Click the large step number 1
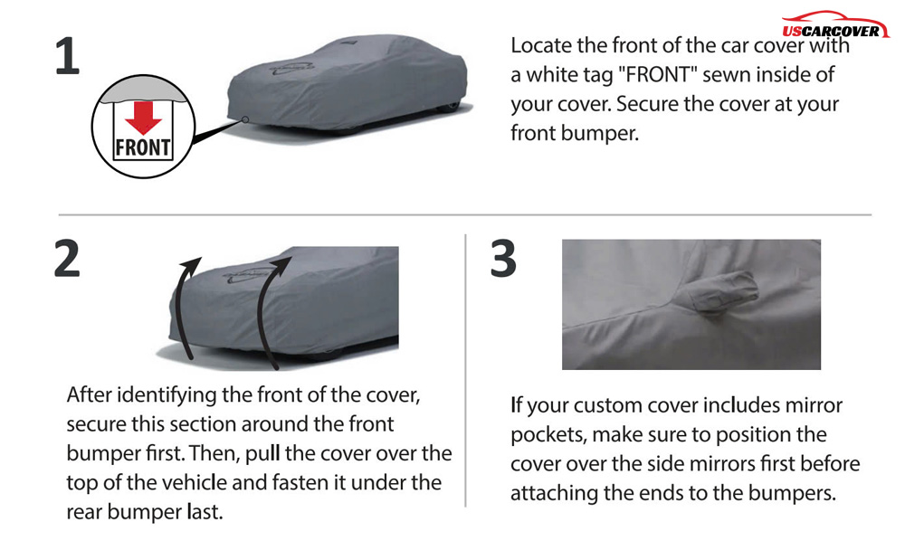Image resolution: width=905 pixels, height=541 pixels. tap(67, 55)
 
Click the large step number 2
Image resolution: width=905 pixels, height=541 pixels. tap(67, 259)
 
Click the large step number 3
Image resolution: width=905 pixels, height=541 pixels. tap(503, 259)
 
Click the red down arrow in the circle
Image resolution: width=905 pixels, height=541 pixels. tap(143, 118)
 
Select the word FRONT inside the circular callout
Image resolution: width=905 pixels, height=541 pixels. tap(143, 147)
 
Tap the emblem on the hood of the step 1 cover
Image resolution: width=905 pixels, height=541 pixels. tap(291, 68)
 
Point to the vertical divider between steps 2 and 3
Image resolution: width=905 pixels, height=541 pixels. tap(465, 370)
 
